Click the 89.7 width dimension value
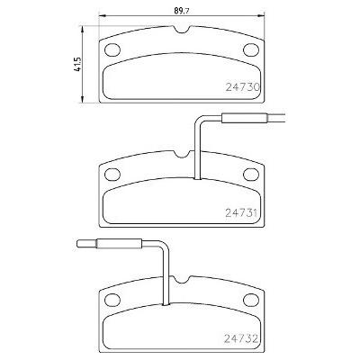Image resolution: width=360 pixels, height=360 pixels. click(182, 11)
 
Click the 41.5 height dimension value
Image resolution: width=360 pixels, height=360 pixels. click(78, 64)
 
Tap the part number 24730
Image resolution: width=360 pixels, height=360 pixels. click(242, 87)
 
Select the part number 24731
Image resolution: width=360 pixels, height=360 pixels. click(241, 213)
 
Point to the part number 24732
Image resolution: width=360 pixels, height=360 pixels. click(241, 339)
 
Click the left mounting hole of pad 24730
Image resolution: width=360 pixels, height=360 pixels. click(112, 49)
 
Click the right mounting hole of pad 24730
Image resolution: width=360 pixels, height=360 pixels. click(251, 49)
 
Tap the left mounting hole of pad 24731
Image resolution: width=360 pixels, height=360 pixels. click(112, 175)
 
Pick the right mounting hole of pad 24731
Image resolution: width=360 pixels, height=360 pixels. click(251, 175)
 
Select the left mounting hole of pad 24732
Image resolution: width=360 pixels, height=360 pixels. click(112, 300)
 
